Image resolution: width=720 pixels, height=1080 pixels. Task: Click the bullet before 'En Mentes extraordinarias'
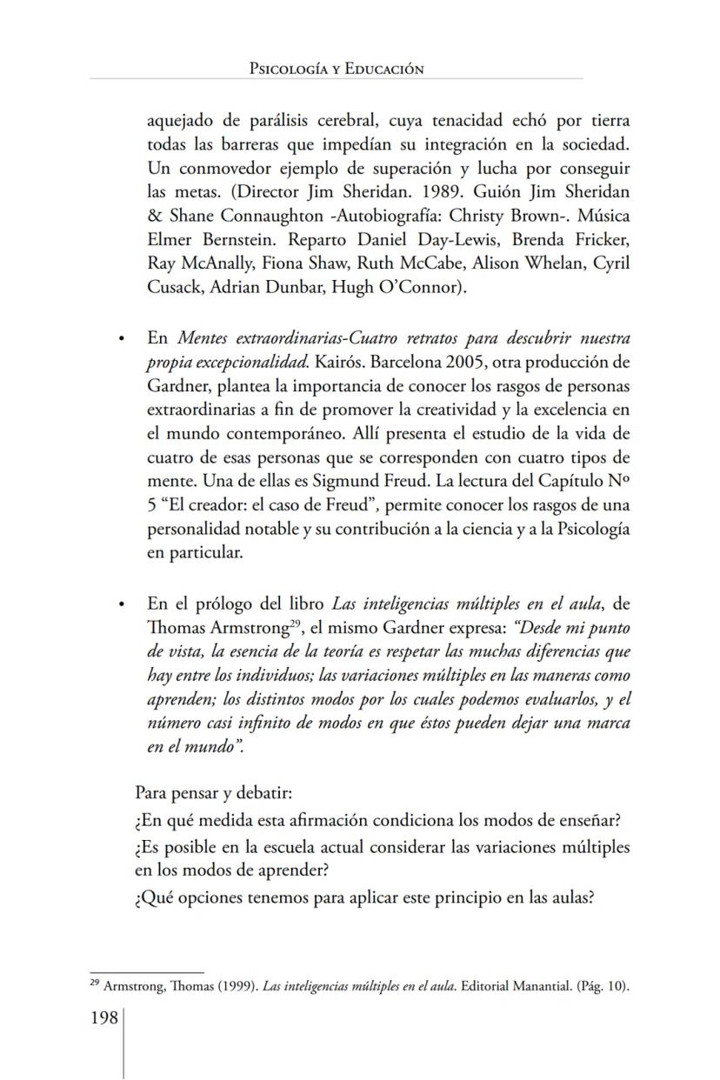click(x=122, y=338)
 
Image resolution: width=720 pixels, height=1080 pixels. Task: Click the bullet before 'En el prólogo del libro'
click(x=122, y=604)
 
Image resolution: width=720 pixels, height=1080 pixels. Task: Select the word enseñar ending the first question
click(x=600, y=820)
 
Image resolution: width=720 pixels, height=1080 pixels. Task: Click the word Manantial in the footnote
click(x=539, y=987)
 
